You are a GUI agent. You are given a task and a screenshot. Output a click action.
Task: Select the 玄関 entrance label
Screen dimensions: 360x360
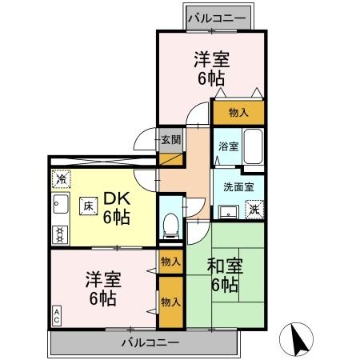[x=170, y=140]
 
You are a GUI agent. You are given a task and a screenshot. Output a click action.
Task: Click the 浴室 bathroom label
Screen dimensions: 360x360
[x=228, y=146]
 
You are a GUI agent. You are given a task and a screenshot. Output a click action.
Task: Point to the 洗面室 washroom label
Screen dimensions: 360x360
[x=238, y=187]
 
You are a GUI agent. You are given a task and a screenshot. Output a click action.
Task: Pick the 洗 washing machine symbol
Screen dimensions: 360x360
[x=254, y=209]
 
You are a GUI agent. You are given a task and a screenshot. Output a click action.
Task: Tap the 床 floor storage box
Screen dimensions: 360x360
[x=87, y=205]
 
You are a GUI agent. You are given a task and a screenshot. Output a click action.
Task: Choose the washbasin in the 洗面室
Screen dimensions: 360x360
[x=228, y=210]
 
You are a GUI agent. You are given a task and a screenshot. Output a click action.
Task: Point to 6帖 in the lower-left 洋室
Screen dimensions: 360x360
[x=103, y=298]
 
